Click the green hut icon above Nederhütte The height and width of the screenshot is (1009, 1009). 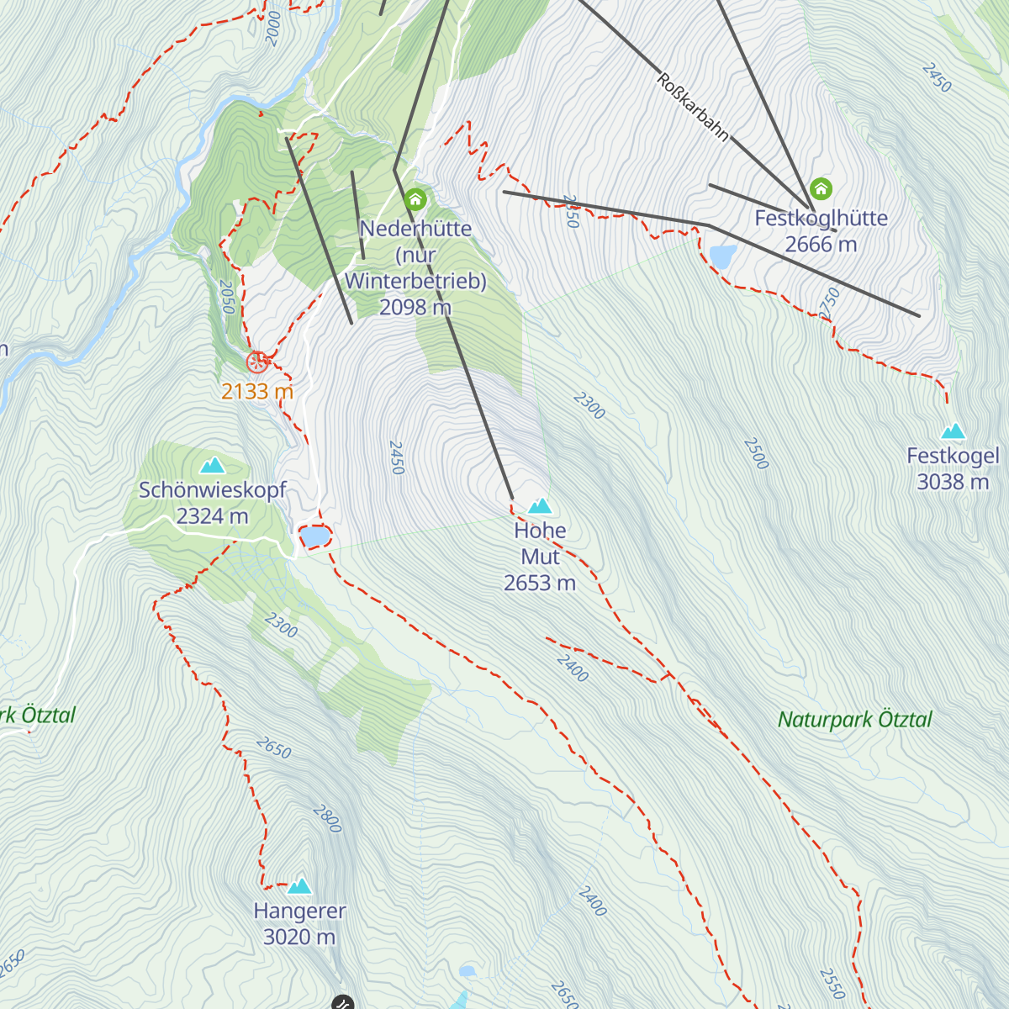click(x=415, y=200)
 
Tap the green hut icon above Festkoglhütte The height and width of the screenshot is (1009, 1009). click(x=821, y=189)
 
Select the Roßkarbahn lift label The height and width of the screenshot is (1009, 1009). click(x=692, y=108)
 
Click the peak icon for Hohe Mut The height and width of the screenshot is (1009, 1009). click(x=540, y=506)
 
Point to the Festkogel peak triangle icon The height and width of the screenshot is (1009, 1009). click(x=953, y=431)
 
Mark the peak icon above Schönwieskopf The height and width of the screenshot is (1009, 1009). click(x=213, y=465)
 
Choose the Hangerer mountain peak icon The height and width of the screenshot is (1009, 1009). click(x=299, y=886)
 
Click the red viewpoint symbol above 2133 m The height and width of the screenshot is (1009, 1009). click(x=257, y=362)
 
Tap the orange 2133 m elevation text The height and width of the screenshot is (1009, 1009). click(x=257, y=391)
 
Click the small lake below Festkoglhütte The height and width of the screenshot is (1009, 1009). click(x=722, y=256)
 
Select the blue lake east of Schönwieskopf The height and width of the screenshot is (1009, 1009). click(x=314, y=536)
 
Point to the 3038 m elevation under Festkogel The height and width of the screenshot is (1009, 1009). click(x=953, y=482)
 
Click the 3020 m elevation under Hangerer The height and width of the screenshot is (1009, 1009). click(x=299, y=937)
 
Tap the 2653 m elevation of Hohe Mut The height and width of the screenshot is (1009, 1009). click(x=540, y=583)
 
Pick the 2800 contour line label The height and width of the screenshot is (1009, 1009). click(x=327, y=818)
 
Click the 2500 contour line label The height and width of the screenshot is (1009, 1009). click(x=756, y=453)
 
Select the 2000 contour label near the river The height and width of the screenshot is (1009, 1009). click(x=272, y=29)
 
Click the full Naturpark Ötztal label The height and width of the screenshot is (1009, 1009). click(x=854, y=720)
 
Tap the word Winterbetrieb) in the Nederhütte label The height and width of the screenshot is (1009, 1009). click(x=415, y=281)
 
